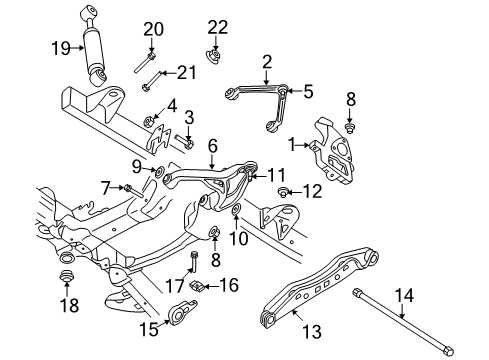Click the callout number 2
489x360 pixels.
[x=266, y=63]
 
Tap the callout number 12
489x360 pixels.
[x=312, y=190]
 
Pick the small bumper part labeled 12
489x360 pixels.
[x=284, y=190]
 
